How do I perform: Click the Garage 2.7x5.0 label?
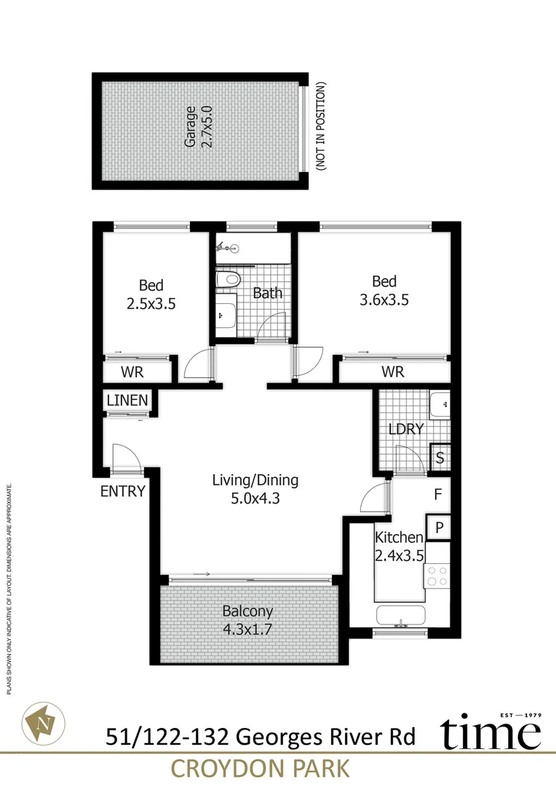click(199, 128)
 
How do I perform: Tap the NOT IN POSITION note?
click(320, 127)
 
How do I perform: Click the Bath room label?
click(267, 294)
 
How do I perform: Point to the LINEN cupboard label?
click(127, 400)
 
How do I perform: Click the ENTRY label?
click(123, 491)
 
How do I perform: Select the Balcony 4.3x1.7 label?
click(247, 620)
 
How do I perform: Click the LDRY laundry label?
click(406, 429)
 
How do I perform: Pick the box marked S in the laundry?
click(440, 458)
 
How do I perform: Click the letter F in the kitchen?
click(438, 495)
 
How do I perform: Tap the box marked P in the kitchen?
click(439, 527)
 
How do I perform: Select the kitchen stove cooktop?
click(437, 576)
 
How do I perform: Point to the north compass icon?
click(41, 723)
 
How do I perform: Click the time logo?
click(490, 733)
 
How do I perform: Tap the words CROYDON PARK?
click(259, 769)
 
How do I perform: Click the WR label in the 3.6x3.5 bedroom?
click(393, 372)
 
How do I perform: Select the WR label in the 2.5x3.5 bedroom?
click(132, 372)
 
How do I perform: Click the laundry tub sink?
click(439, 404)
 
